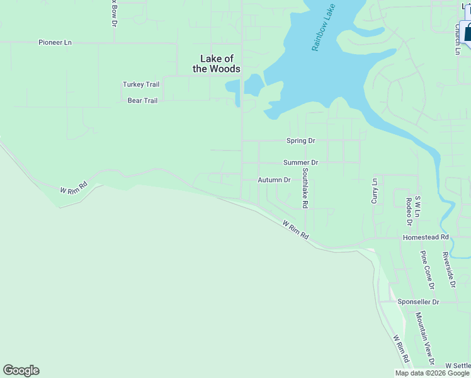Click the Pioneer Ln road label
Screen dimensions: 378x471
[55, 42]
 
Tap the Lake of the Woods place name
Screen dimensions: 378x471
[217, 64]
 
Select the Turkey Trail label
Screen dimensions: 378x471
[141, 84]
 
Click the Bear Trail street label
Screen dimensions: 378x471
[142, 100]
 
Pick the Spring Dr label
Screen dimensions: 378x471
[300, 140]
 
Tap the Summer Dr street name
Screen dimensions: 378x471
[300, 163]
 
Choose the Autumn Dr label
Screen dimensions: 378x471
[274, 180]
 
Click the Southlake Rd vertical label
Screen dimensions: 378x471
[305, 188]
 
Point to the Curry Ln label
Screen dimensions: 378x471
[375, 190]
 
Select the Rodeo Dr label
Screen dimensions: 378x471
[409, 211]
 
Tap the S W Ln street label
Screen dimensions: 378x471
[417, 207]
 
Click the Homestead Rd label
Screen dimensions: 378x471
[426, 238]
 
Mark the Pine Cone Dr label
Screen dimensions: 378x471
[428, 270]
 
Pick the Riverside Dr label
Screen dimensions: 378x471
[448, 269]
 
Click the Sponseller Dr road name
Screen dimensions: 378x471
[418, 302]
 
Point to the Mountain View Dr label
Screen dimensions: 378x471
[424, 338]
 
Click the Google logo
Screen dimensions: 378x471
[21, 370]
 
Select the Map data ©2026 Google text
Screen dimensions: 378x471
[432, 373]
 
